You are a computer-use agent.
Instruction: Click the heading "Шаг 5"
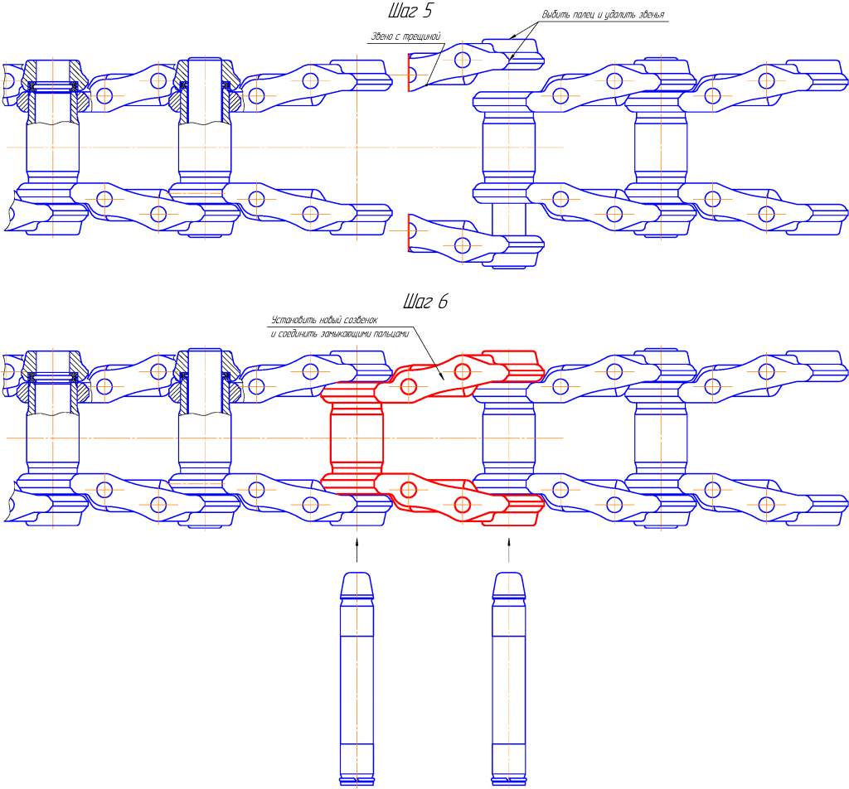tap(410, 10)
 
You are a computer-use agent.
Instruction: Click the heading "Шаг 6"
tap(425, 301)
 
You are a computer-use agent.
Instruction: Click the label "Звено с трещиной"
tap(405, 36)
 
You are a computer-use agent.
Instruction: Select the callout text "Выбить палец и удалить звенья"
tap(603, 15)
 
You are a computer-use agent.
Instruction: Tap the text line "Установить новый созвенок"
tap(324, 320)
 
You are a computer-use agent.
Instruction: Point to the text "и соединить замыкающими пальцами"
tap(339, 334)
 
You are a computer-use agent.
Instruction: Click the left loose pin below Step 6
tap(357, 679)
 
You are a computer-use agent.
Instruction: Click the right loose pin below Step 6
tap(508, 679)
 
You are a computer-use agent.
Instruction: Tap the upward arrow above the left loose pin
tap(357, 550)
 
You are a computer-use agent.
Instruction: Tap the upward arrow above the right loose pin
tap(508, 550)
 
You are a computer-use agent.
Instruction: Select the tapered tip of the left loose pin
tap(357, 585)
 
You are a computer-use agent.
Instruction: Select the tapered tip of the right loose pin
tap(508, 585)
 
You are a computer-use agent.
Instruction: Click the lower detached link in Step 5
tap(475, 243)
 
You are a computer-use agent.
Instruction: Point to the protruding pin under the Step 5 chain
tap(508, 219)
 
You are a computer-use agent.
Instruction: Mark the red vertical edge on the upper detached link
tap(408, 72)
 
